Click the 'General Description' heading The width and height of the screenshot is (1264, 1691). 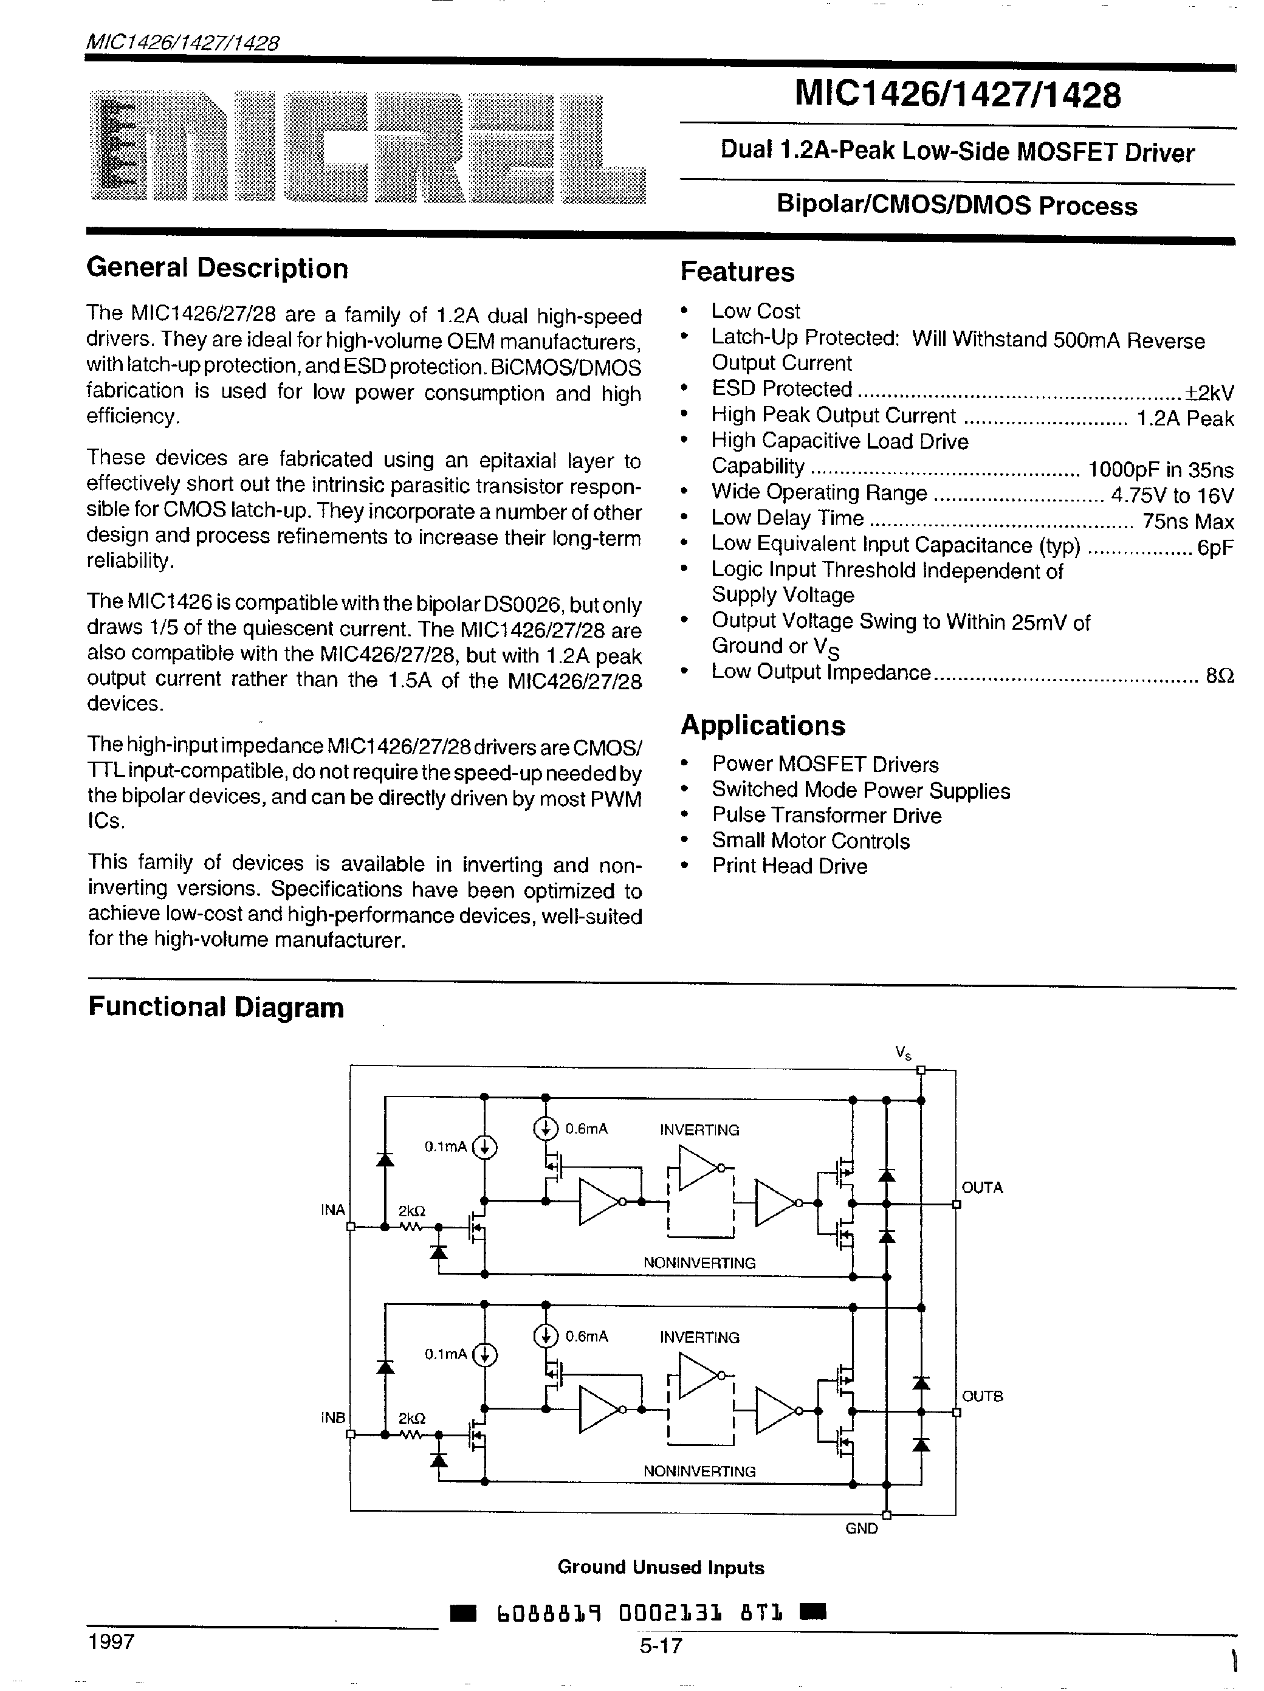coord(217,268)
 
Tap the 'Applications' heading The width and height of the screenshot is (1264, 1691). coord(763,725)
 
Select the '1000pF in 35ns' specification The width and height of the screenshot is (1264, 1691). coord(1160,469)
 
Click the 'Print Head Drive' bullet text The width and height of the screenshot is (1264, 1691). coord(789,866)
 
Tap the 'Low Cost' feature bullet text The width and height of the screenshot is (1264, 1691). coord(755,311)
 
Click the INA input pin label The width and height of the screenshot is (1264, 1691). coord(332,1210)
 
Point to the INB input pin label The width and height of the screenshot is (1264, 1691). coord(332,1416)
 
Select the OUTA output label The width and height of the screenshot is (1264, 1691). coord(982,1187)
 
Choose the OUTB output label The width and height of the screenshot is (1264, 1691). coord(982,1395)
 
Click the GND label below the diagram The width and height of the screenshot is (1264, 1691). coord(861,1528)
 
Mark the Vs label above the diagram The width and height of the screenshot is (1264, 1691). coord(902,1053)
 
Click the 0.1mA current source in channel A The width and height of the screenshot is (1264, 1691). coord(484,1147)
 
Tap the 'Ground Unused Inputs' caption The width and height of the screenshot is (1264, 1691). coord(661,1567)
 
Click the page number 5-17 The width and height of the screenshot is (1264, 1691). coord(661,1644)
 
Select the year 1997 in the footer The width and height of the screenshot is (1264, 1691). coord(112,1641)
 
